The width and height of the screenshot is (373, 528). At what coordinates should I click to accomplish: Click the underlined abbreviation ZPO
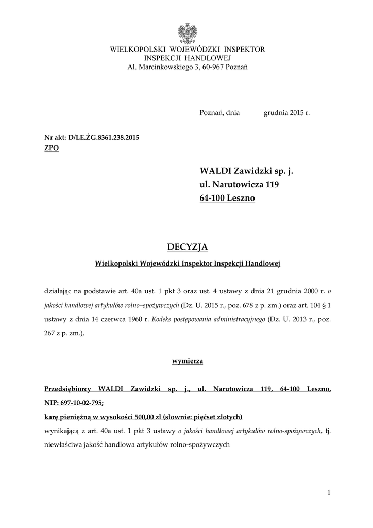click(52, 147)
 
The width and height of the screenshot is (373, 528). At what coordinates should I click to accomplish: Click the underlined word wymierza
click(186, 361)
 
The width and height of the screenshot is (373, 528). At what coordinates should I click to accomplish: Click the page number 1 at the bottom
click(329, 493)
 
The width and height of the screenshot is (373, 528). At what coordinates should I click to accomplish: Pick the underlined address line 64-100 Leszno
click(227, 198)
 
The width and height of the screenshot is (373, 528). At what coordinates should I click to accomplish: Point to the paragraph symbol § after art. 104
click(322, 305)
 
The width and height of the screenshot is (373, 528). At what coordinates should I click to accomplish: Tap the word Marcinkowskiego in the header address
click(164, 68)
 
